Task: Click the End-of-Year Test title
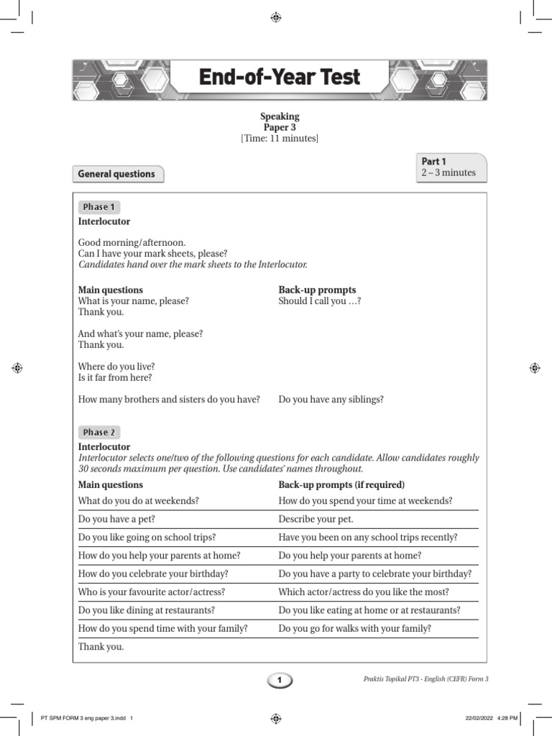coord(279,78)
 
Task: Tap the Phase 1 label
coord(98,207)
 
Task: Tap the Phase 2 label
coord(98,432)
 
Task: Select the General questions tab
coord(116,174)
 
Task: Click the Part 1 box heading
coord(434,162)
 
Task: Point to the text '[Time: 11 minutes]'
coord(279,139)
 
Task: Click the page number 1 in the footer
coord(280,679)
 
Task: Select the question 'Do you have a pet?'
coord(116,519)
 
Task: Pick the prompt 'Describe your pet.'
coord(316,519)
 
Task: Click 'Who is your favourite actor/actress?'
coord(152,592)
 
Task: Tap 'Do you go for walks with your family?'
coord(354,628)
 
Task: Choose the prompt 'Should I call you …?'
coord(319,301)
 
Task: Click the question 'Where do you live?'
coord(116,367)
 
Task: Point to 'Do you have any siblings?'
coord(331,399)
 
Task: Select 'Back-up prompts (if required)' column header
coord(341,484)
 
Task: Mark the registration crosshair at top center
coord(276,17)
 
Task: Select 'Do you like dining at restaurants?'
coord(147,610)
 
